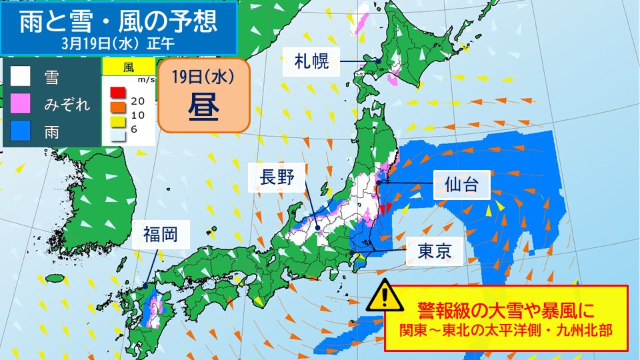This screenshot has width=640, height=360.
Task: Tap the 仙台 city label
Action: tap(462, 185)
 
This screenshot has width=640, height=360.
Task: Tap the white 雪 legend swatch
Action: tap(21, 76)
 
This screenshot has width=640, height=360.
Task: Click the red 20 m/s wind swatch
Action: tap(118, 92)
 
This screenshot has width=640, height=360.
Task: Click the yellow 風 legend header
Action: tap(128, 67)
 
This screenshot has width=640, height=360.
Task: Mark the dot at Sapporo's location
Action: tap(378, 61)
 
